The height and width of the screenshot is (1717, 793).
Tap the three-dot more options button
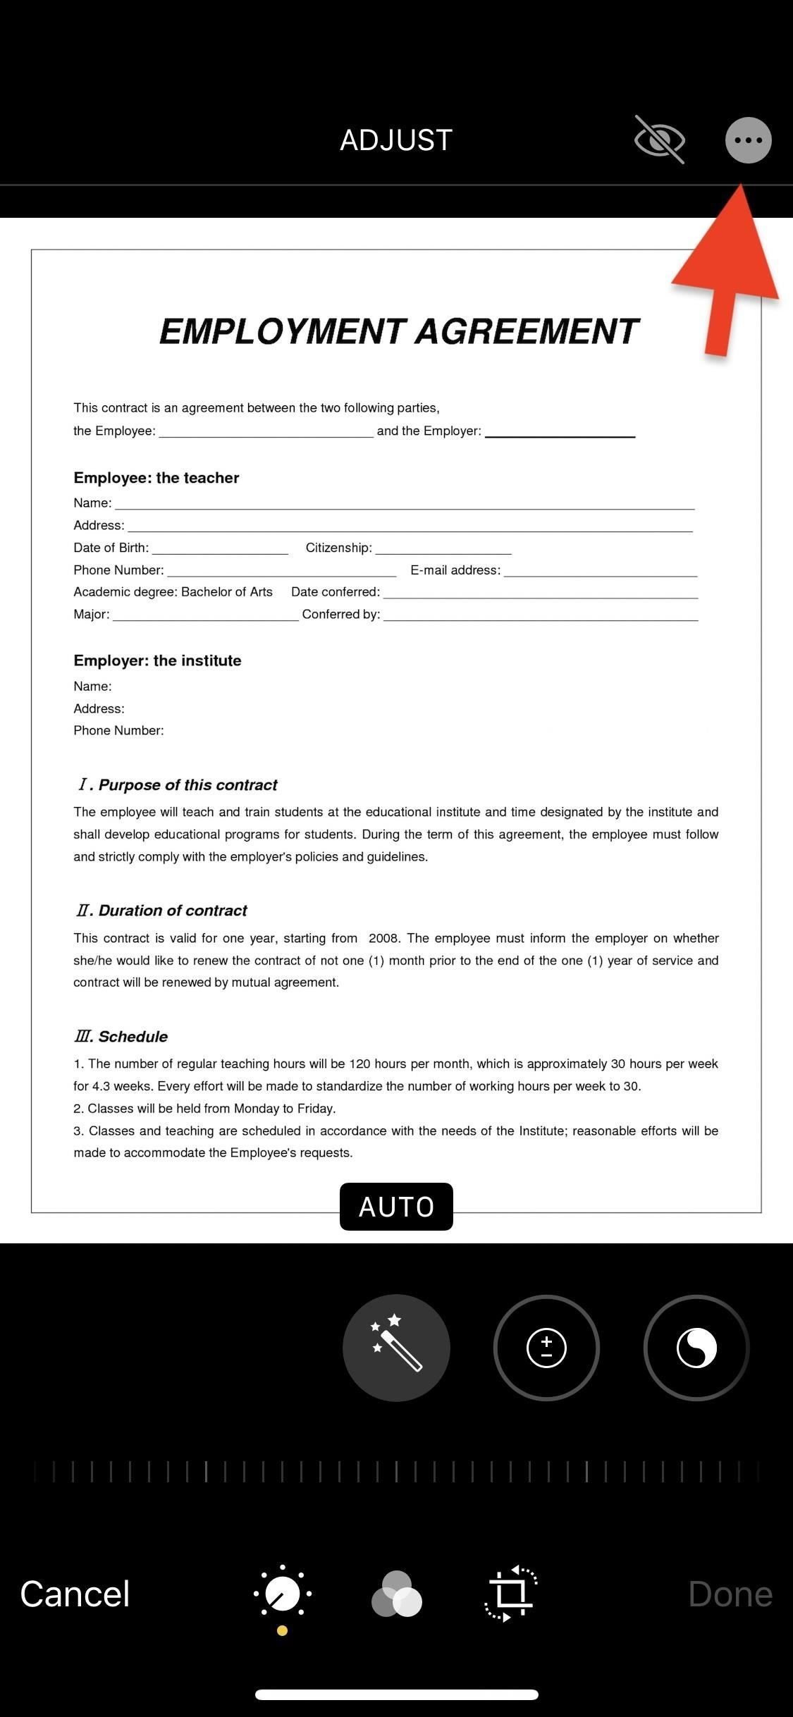click(x=748, y=140)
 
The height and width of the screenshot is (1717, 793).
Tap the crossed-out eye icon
click(x=659, y=140)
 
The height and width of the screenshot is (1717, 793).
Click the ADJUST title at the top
click(x=396, y=140)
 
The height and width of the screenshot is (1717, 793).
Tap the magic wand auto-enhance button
click(x=396, y=1347)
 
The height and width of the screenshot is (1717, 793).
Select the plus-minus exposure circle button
click(x=546, y=1347)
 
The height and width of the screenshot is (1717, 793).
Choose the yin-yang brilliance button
click(x=696, y=1347)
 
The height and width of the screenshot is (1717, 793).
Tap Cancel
click(x=75, y=1594)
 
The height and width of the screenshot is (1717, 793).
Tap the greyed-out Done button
click(x=730, y=1594)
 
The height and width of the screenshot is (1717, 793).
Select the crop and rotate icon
click(x=510, y=1593)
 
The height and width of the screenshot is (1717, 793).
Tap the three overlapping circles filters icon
click(x=396, y=1593)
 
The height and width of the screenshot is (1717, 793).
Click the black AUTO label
click(x=396, y=1207)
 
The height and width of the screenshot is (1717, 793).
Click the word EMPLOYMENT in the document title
click(x=282, y=331)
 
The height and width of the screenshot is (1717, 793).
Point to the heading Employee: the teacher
click(x=156, y=478)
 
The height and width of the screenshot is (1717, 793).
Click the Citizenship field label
click(x=338, y=548)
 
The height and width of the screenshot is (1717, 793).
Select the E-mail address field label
click(x=455, y=570)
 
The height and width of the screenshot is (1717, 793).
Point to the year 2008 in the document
click(x=384, y=938)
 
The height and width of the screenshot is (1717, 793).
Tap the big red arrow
click(x=726, y=275)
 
